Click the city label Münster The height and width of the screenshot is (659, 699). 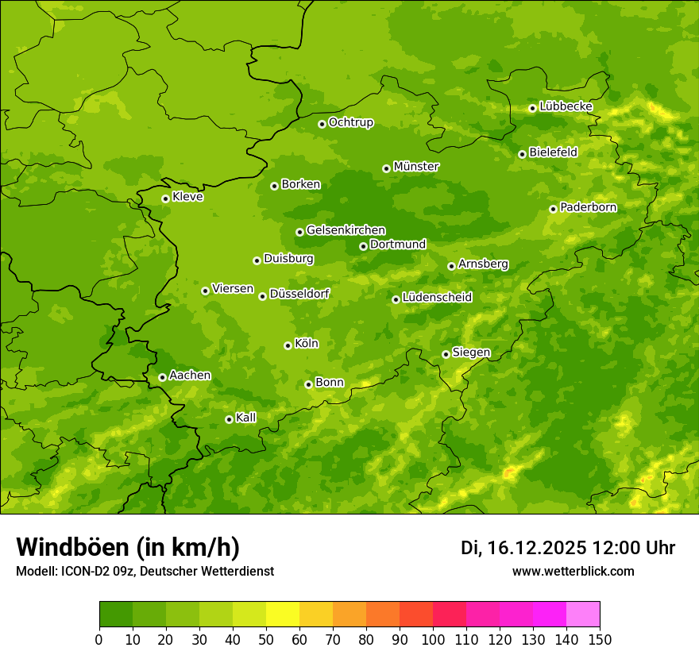tap(416, 167)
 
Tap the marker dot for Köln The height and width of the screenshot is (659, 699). tap(288, 345)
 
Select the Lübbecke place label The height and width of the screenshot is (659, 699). tap(566, 106)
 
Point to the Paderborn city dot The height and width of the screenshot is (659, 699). tap(553, 209)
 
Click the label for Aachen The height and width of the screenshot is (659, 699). tap(190, 376)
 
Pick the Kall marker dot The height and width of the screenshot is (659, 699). tap(229, 419)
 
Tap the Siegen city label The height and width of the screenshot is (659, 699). tap(471, 353)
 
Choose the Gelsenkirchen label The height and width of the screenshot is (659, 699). tap(346, 230)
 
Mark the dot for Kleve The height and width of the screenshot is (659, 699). tap(165, 198)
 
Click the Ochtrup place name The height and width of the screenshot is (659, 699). tap(350, 122)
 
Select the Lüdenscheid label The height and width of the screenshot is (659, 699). tap(437, 298)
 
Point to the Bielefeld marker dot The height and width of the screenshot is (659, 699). tap(522, 154)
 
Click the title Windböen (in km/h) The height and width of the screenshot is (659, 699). tap(128, 547)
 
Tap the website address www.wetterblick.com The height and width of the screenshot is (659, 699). tap(573, 571)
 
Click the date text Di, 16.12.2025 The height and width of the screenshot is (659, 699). tap(523, 548)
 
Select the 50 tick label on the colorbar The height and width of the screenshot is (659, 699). tap(266, 639)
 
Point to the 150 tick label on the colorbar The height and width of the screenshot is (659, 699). tap(600, 639)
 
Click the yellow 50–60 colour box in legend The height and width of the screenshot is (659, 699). tap(283, 615)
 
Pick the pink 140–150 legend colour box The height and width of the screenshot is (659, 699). tap(583, 615)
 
